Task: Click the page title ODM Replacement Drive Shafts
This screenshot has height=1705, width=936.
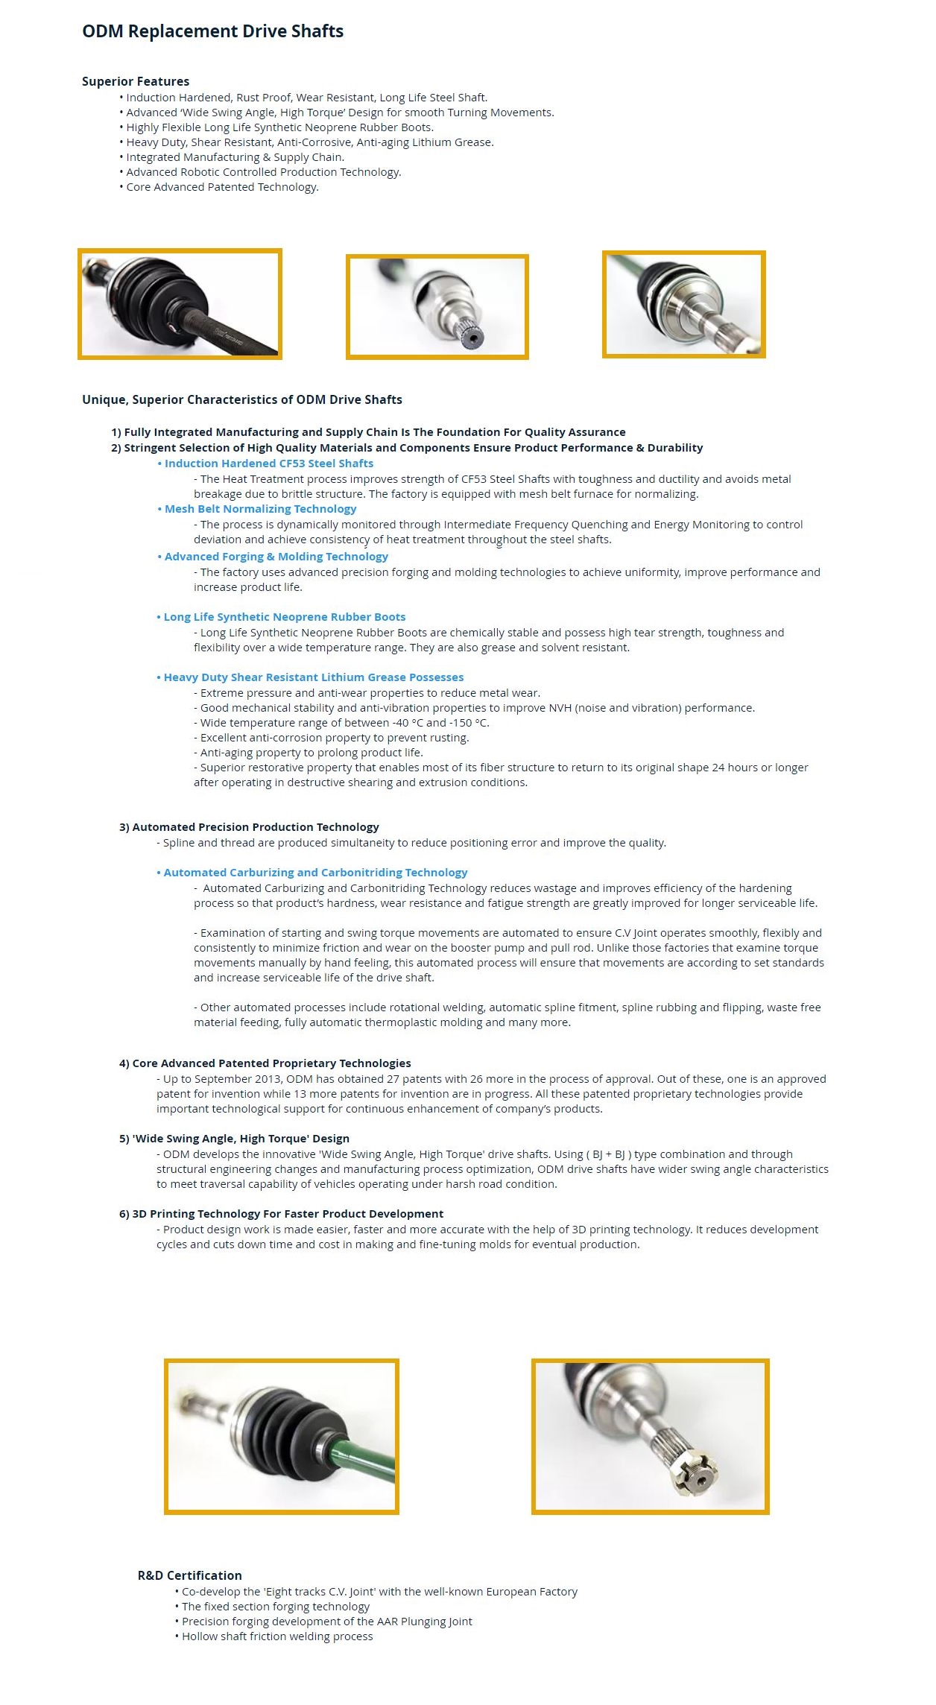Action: click(x=212, y=31)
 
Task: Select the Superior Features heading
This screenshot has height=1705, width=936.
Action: click(x=136, y=81)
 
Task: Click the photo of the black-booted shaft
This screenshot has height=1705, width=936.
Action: click(x=180, y=304)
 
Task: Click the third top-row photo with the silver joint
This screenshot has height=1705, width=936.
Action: click(x=683, y=304)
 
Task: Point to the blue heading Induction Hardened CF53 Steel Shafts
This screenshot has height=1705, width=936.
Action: click(x=268, y=464)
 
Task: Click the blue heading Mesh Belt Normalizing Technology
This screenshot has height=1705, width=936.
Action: click(x=260, y=509)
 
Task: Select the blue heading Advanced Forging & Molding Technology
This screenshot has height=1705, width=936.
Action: click(x=276, y=557)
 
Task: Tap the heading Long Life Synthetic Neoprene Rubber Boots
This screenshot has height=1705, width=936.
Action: click(x=284, y=617)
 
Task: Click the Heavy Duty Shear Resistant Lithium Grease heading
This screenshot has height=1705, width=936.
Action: click(x=313, y=677)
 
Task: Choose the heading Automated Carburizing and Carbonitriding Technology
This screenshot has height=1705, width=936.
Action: click(x=315, y=873)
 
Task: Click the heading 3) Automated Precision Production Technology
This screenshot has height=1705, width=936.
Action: click(x=249, y=827)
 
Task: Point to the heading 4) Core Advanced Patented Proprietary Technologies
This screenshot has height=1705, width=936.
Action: click(x=265, y=1063)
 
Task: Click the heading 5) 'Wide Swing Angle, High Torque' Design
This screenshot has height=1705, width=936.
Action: click(x=234, y=1139)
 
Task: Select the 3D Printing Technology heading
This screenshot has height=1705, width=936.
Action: click(x=281, y=1214)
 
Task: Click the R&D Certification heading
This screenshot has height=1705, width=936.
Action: click(x=189, y=1575)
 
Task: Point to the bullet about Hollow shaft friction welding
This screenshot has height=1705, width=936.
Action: click(x=277, y=1636)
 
